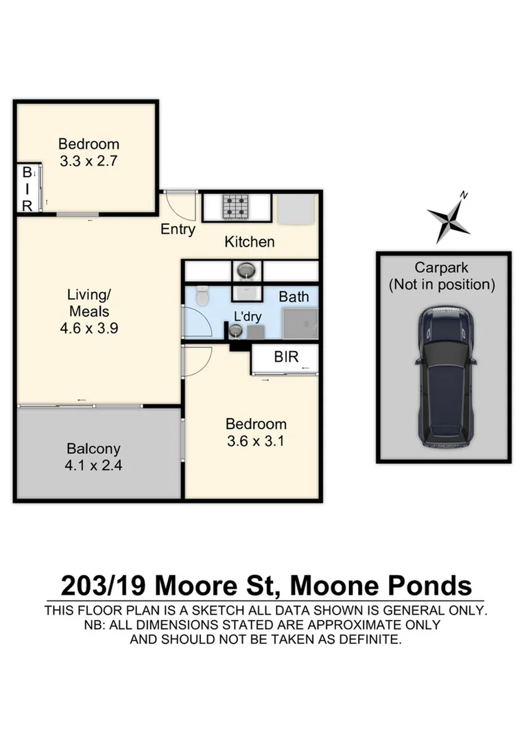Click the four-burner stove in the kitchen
(237, 206)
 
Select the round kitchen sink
(245, 271)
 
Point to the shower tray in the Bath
(300, 323)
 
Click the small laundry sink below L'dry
(235, 331)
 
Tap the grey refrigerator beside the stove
(296, 208)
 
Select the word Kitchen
(250, 242)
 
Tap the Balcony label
(93, 449)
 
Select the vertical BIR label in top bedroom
(27, 188)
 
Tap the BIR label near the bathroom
(286, 357)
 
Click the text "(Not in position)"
(442, 284)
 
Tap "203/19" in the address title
(104, 586)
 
